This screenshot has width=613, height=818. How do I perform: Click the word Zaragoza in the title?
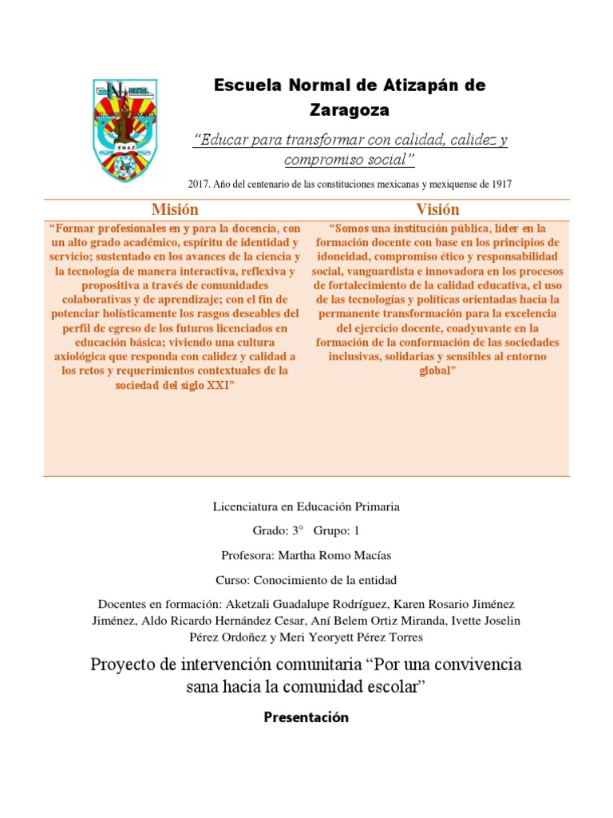(x=350, y=109)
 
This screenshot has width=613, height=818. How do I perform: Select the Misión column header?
(x=175, y=210)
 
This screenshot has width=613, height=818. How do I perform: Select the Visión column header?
(x=438, y=210)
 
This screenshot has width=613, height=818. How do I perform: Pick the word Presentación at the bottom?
(x=306, y=717)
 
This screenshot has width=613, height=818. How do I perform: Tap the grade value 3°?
(x=300, y=530)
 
